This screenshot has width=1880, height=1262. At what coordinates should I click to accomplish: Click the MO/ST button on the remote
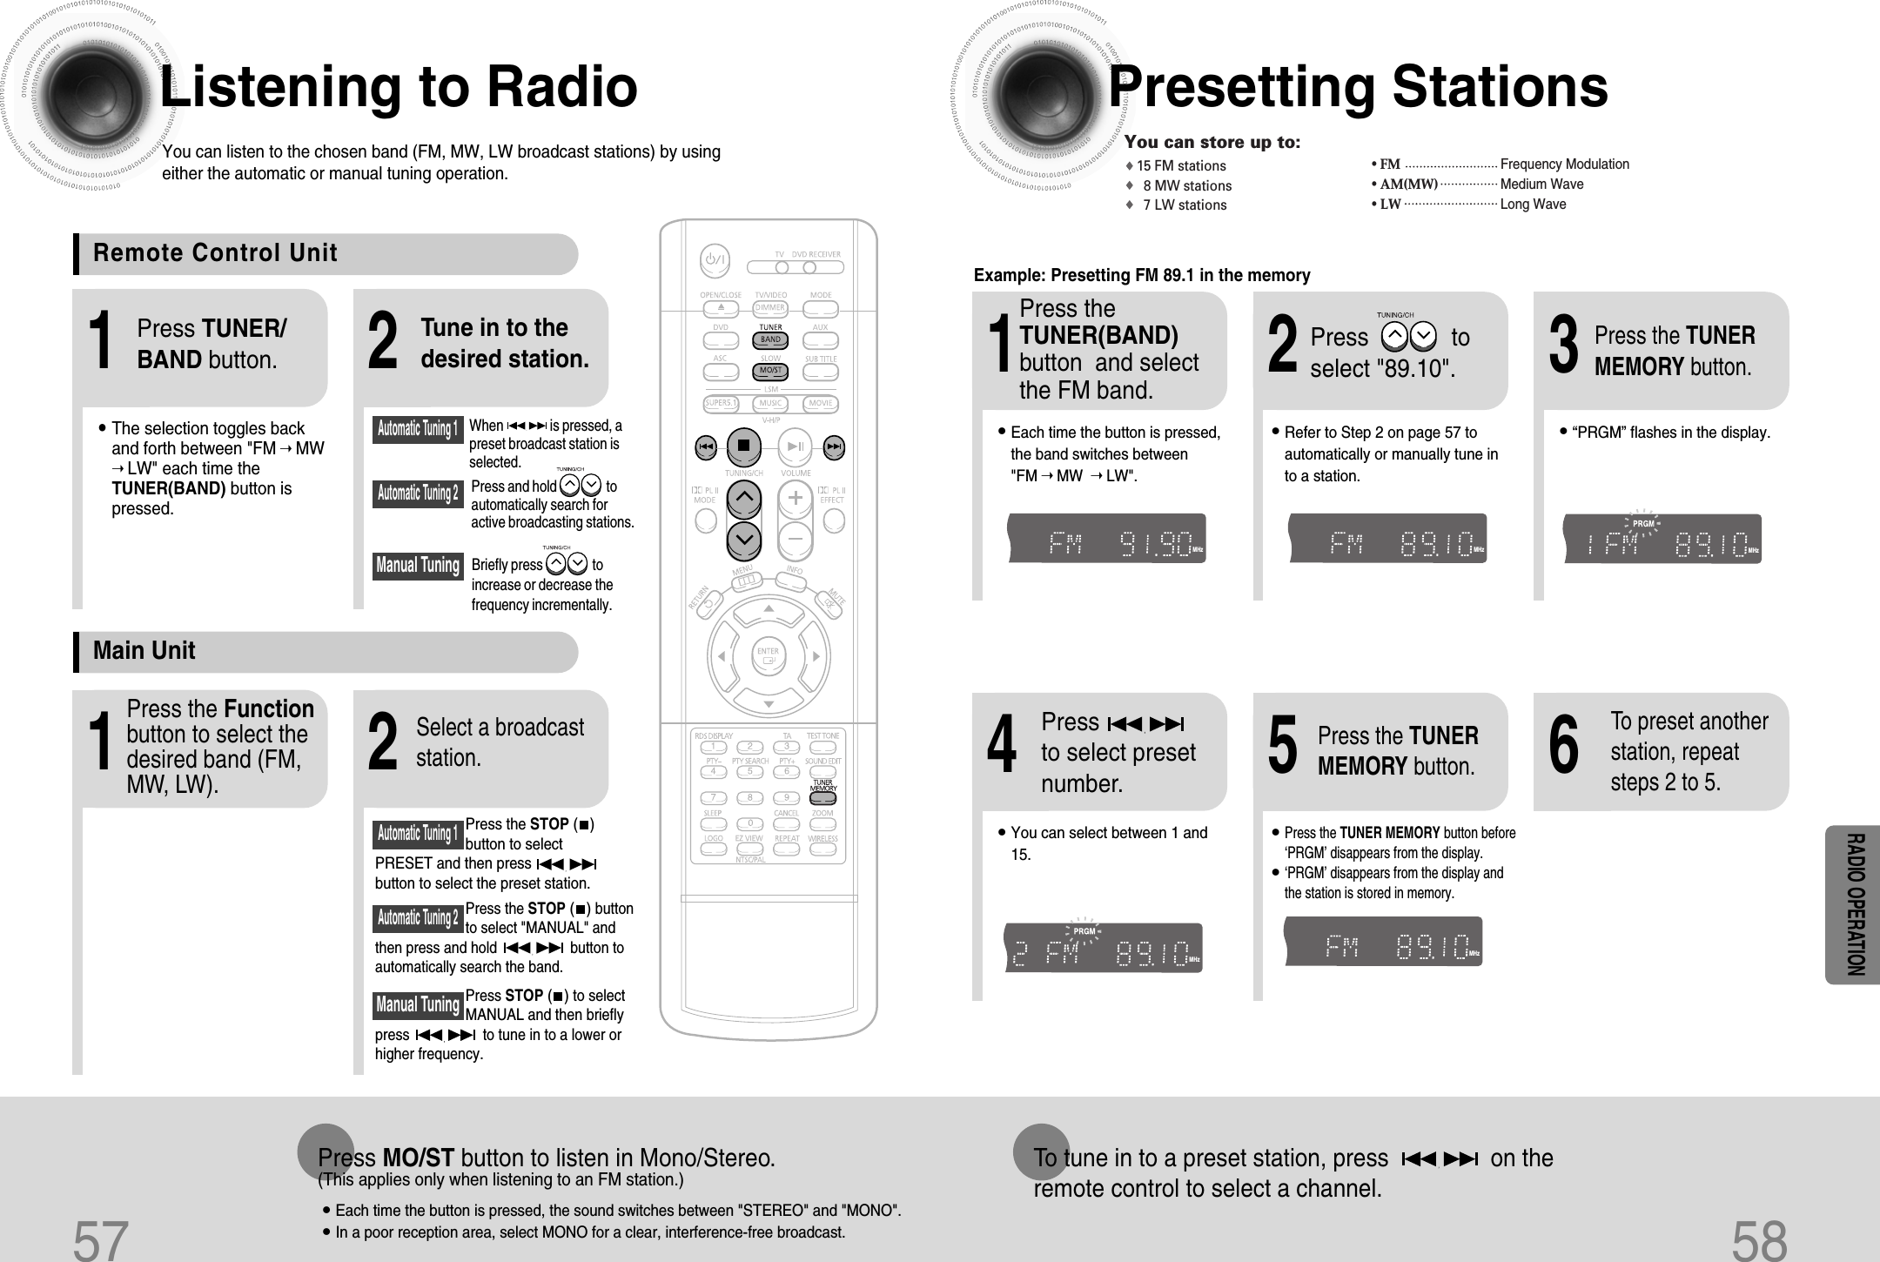[770, 371]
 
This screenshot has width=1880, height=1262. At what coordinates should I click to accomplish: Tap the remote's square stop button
[743, 446]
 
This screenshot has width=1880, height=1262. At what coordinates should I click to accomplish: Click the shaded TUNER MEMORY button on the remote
[822, 796]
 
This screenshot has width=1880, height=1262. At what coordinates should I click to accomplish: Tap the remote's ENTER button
[768, 655]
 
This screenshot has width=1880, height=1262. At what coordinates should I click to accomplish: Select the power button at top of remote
[715, 259]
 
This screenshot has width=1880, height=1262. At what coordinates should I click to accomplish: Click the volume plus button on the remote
[795, 499]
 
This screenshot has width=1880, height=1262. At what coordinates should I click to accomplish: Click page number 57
[101, 1239]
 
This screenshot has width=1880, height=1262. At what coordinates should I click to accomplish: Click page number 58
[1759, 1239]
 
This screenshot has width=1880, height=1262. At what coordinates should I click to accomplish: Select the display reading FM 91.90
[1106, 540]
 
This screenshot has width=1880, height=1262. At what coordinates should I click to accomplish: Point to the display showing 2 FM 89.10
[1102, 948]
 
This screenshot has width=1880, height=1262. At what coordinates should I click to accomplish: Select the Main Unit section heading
[144, 651]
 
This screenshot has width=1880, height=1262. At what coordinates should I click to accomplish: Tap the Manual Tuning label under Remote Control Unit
[418, 566]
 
